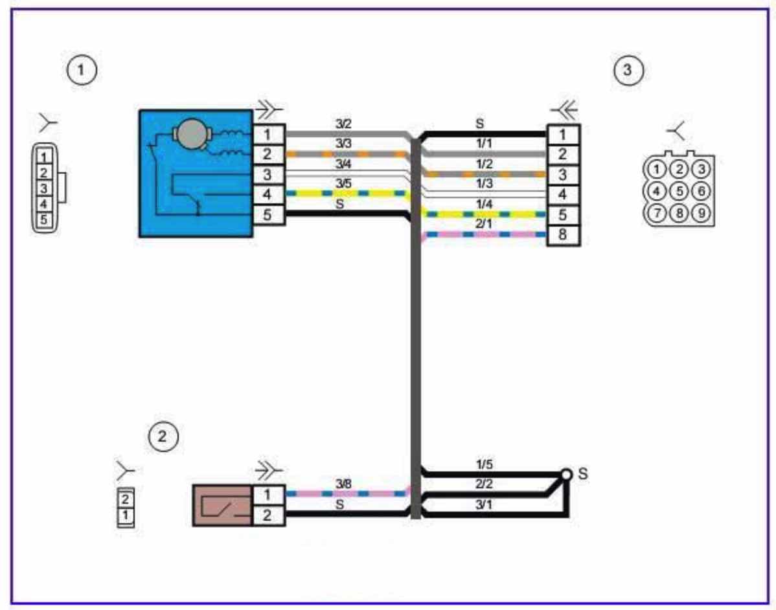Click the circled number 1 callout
coord(82,70)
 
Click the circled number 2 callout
coord(163,437)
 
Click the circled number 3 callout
coord(628,70)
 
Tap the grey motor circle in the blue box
coord(192,133)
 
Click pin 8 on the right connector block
coord(563,234)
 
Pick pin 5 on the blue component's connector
coord(268,215)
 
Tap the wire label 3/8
coord(343,484)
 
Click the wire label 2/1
coord(483,224)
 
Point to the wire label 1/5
coord(484,464)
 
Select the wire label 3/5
coord(343,183)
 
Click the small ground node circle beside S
coord(566,475)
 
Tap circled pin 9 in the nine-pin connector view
coord(702,213)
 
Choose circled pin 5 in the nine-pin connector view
coord(679,191)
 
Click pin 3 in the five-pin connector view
coord(44,188)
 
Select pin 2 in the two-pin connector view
coord(125,499)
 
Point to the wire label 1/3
coord(484,183)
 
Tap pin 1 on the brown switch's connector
coord(268,495)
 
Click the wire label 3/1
coord(483,505)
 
